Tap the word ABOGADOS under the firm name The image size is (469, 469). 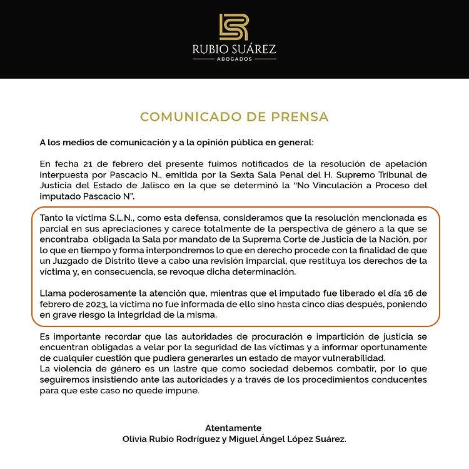pos(234,59)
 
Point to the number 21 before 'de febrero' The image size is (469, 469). pos(89,164)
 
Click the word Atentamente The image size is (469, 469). pos(234,428)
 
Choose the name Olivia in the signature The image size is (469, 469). pos(137,439)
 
